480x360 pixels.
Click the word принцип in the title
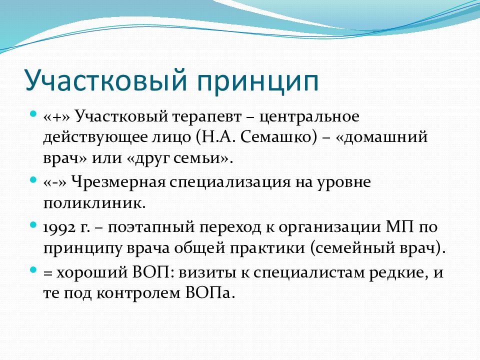(258, 81)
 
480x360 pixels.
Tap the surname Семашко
(278, 137)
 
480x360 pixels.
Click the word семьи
(199, 158)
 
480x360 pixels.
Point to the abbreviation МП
(399, 227)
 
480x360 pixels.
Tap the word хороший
(92, 272)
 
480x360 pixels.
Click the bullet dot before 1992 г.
(33, 225)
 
